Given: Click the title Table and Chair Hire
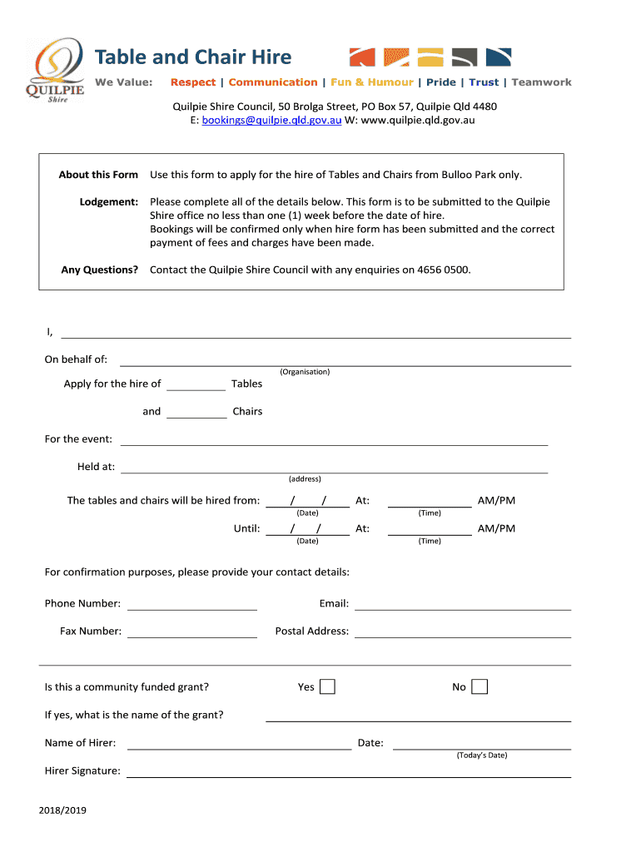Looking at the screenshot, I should pyautogui.click(x=192, y=57).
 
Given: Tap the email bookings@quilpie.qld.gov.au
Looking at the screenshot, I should pyautogui.click(x=271, y=121).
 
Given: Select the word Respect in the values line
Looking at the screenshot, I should pyautogui.click(x=192, y=82).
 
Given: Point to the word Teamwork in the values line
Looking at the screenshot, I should pyautogui.click(x=541, y=82).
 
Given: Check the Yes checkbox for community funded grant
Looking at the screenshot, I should pyautogui.click(x=328, y=686).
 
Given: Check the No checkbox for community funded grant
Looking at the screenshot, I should pyautogui.click(x=480, y=686).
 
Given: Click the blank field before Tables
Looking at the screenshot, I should pyautogui.click(x=196, y=384).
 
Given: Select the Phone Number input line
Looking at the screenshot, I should pyautogui.click(x=191, y=604).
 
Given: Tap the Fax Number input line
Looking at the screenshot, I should pyautogui.click(x=191, y=632).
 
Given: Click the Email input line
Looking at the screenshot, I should pyautogui.click(x=463, y=604).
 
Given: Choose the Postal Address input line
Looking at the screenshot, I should pyautogui.click(x=463, y=632).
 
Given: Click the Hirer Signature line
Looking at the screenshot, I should pyautogui.click(x=348, y=771).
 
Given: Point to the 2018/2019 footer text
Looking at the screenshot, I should pyautogui.click(x=62, y=810).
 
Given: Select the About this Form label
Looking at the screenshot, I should pyautogui.click(x=98, y=175).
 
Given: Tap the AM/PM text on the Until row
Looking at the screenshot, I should pyautogui.click(x=496, y=528).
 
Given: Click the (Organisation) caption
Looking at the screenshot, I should pyautogui.click(x=305, y=372).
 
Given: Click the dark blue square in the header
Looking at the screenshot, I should pyautogui.click(x=497, y=57).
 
